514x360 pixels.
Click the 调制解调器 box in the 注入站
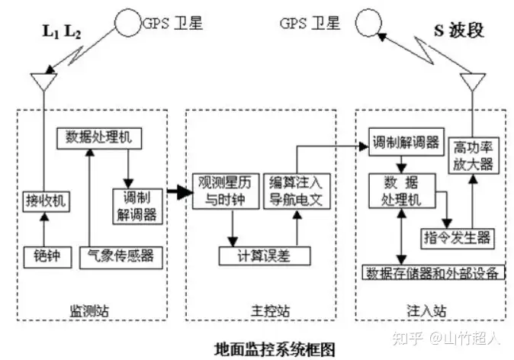[404, 143]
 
